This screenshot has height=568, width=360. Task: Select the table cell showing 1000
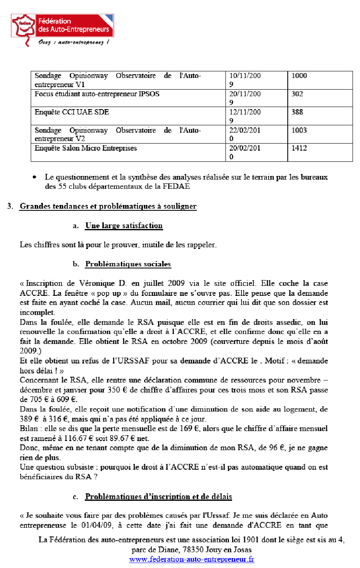pyautogui.click(x=299, y=76)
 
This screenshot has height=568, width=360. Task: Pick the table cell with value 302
pyautogui.click(x=297, y=94)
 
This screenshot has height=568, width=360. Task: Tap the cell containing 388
pyautogui.click(x=297, y=112)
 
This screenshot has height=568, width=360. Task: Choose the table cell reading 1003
pyautogui.click(x=299, y=131)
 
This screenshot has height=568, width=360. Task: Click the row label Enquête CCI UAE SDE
pyautogui.click(x=72, y=112)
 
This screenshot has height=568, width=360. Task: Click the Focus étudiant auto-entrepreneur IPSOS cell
pyautogui.click(x=97, y=94)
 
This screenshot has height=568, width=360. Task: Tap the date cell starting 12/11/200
pyautogui.click(x=245, y=112)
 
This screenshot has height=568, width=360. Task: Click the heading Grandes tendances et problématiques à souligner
pyautogui.click(x=108, y=206)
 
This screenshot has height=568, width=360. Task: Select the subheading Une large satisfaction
pyautogui.click(x=124, y=226)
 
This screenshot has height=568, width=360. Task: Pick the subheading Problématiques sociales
pyautogui.click(x=128, y=264)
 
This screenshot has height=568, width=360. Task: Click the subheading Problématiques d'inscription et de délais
pyautogui.click(x=158, y=497)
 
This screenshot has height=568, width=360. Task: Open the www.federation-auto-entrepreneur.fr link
pyautogui.click(x=191, y=559)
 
